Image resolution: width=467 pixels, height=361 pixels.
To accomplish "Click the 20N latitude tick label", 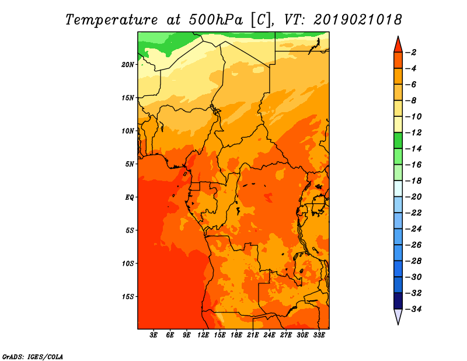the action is tap(128, 65).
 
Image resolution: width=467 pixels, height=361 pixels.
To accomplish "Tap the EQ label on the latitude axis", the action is tap(130, 197).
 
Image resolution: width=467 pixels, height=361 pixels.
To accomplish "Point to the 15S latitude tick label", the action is tap(128, 297).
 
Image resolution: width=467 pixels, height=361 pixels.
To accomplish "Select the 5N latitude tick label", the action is tap(130, 164).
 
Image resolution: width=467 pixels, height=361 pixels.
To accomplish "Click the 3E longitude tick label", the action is tap(154, 335).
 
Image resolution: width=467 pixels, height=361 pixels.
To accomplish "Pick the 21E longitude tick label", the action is tap(253, 335).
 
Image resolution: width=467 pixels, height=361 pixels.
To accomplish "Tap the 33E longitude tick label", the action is tap(319, 335).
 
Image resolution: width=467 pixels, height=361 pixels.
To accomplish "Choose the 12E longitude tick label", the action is tap(203, 335).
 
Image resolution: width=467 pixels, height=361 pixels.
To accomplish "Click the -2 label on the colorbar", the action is tap(411, 53).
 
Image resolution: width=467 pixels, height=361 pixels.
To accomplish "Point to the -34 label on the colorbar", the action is tap(413, 309).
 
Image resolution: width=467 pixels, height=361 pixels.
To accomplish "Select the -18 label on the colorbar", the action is tap(413, 180).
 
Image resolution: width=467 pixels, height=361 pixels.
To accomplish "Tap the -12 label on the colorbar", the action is tap(413, 133).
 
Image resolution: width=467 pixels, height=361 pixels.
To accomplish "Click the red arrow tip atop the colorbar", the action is tap(398, 36).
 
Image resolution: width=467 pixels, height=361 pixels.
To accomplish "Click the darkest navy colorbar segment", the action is tap(398, 301).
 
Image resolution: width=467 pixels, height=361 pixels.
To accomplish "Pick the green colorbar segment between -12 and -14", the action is tap(398, 141).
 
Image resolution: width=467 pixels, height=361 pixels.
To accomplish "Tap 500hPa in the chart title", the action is tap(216, 20).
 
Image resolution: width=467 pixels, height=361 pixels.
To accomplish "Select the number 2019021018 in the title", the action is tap(357, 20).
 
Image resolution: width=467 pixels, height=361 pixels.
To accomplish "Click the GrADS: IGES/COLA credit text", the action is tap(33, 356).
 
